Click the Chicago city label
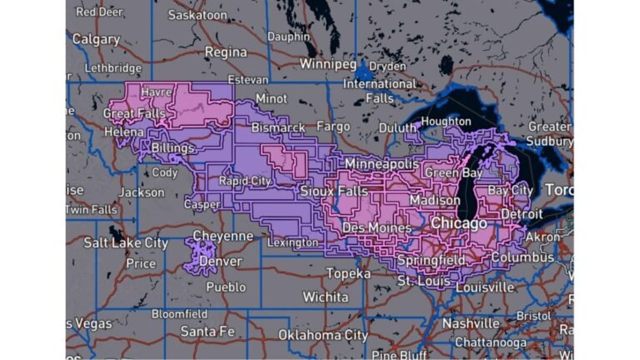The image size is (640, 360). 458,224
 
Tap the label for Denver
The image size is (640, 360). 222,261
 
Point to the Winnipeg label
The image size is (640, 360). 328,64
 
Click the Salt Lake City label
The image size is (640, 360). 126,242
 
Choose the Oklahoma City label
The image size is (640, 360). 322,335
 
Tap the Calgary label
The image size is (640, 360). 96,39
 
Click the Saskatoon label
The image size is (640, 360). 197,15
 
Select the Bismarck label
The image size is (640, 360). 278,127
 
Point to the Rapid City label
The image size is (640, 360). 244,181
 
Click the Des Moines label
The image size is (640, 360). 376,227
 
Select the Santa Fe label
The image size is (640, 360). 207,331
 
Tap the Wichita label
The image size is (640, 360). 325,297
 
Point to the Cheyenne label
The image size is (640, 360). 222,236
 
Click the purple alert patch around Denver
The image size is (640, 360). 197,256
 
